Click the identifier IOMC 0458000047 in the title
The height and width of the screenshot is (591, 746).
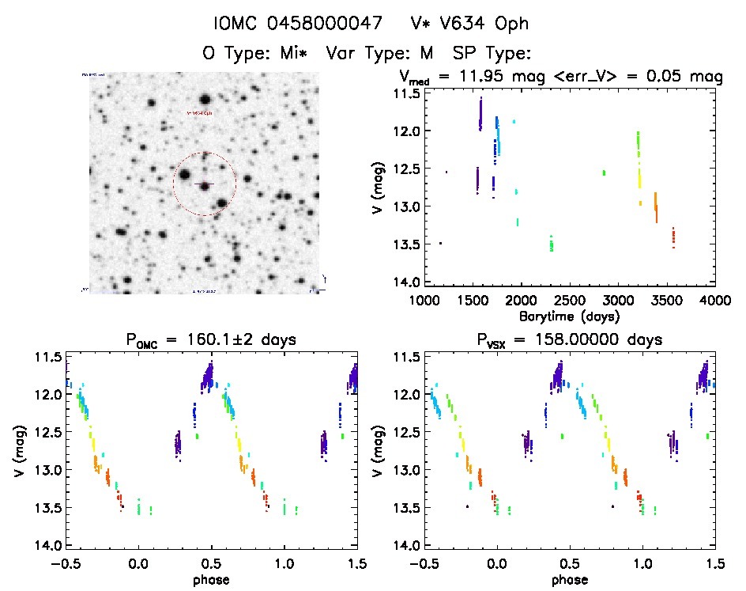coord(292,24)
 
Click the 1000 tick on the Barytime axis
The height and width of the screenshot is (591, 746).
coord(424,301)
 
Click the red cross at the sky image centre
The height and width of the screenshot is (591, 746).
coord(205,184)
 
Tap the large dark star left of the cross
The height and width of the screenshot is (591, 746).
coord(184,175)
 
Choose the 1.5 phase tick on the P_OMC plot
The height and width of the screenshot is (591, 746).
coord(356,564)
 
